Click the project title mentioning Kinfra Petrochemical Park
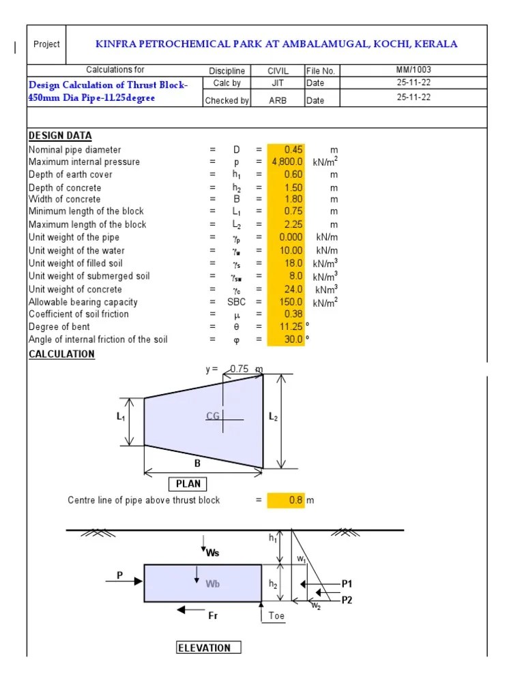tap(276, 44)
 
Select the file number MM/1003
tap(413, 70)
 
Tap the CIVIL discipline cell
tap(278, 70)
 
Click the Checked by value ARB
tap(278, 100)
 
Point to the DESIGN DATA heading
tap(60, 136)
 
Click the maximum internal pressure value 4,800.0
tap(287, 162)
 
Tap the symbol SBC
tap(237, 302)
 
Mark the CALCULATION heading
tap(61, 354)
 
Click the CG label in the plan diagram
tap(213, 416)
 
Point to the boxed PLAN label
tap(188, 484)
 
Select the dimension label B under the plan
tap(198, 464)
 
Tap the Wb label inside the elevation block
tap(213, 583)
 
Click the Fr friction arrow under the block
tap(193, 609)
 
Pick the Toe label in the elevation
tap(276, 616)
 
